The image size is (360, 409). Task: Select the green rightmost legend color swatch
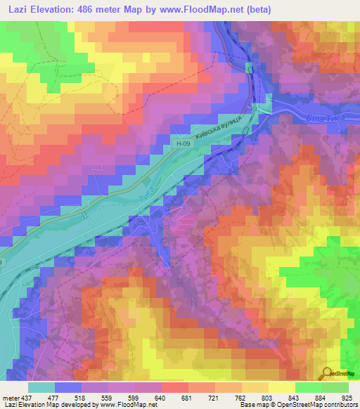tap(335, 387)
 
